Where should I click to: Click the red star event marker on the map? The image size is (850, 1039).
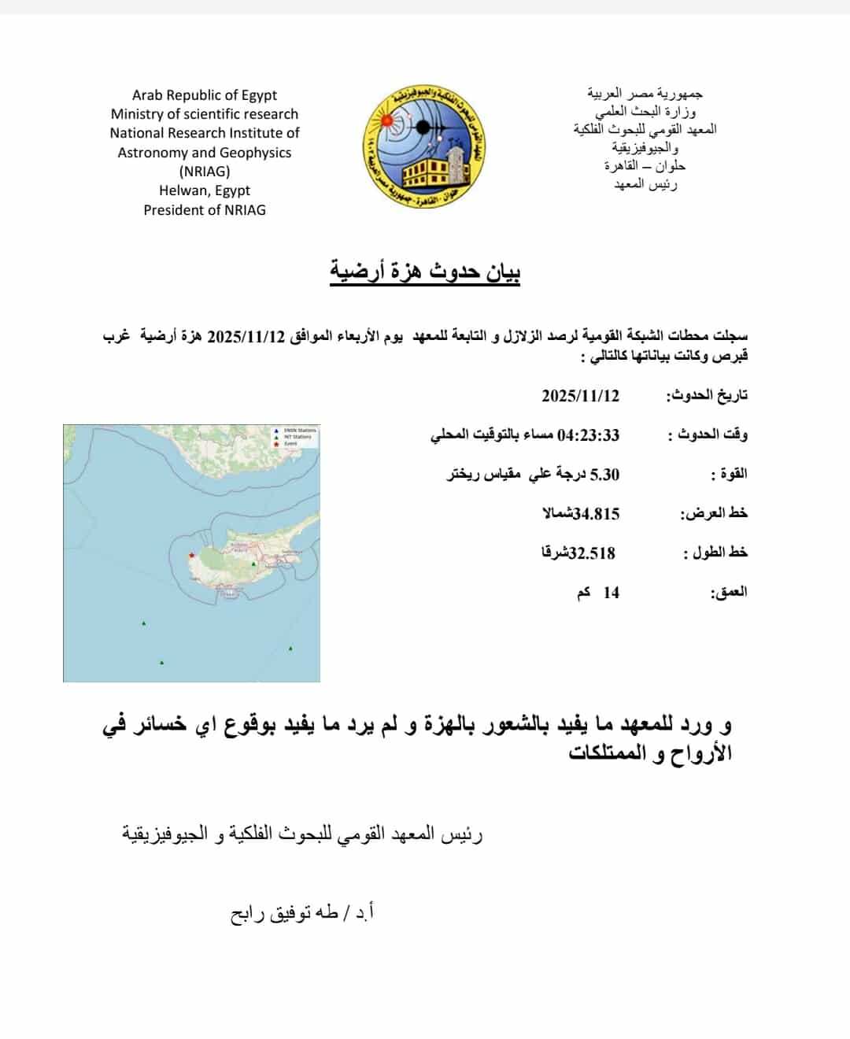(x=191, y=555)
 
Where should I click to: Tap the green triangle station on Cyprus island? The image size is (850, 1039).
(x=253, y=564)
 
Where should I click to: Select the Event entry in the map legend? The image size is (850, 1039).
(x=290, y=444)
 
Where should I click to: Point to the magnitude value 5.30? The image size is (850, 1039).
(x=604, y=475)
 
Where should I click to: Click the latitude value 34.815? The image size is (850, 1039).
(x=597, y=514)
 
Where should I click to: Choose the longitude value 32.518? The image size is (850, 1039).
(x=592, y=553)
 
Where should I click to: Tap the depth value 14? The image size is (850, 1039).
(x=612, y=593)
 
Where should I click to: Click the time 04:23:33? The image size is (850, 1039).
(x=589, y=435)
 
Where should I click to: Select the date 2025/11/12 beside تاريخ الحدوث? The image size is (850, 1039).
(x=580, y=395)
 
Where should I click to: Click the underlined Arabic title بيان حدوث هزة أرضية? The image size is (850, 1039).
(x=425, y=272)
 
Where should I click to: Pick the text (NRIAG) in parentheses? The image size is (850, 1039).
(x=205, y=172)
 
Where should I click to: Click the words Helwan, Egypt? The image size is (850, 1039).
(x=205, y=190)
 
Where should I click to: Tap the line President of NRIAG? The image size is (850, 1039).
(x=205, y=210)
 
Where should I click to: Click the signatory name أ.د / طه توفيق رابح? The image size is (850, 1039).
(x=302, y=913)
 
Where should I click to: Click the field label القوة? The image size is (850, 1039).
(x=729, y=474)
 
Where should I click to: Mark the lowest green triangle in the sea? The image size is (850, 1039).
(x=162, y=663)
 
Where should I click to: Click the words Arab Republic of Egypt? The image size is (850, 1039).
(x=205, y=95)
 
